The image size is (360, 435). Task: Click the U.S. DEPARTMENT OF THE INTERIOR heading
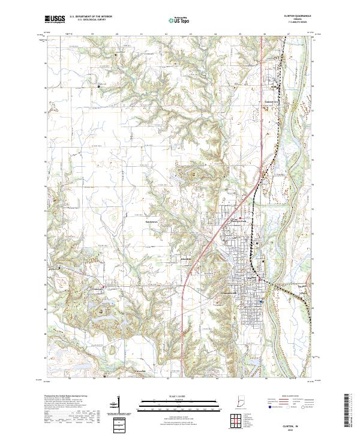click(x=91, y=17)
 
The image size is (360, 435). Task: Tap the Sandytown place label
click(x=154, y=221)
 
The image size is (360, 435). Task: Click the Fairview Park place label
click(x=240, y=220)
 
